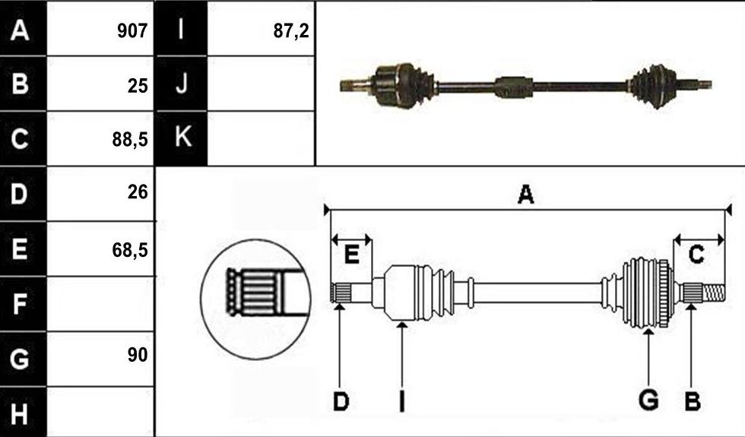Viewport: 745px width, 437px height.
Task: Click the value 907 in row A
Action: [132, 31]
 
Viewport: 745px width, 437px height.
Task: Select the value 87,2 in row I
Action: [291, 31]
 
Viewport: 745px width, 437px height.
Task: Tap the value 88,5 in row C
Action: [130, 139]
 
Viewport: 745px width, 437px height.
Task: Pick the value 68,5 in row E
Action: [130, 249]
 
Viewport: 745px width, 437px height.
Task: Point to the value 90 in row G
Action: [138, 354]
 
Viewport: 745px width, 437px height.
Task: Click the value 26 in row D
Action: [138, 192]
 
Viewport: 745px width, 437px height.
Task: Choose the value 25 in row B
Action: [138, 86]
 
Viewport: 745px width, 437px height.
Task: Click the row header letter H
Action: [19, 413]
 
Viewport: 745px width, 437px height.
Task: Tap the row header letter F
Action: [19, 304]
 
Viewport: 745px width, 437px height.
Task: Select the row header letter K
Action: [183, 137]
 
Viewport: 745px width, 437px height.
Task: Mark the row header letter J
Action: [182, 83]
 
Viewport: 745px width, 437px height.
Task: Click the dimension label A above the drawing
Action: [525, 195]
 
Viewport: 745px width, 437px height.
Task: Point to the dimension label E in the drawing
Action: [351, 255]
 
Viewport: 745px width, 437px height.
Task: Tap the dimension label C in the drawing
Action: [696, 255]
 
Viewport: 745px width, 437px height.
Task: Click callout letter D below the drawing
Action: [341, 402]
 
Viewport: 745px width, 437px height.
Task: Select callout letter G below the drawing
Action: [648, 400]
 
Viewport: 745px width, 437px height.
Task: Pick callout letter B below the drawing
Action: [693, 402]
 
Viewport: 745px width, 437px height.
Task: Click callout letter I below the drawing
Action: [402, 401]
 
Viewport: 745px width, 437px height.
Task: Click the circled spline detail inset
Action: [255, 299]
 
